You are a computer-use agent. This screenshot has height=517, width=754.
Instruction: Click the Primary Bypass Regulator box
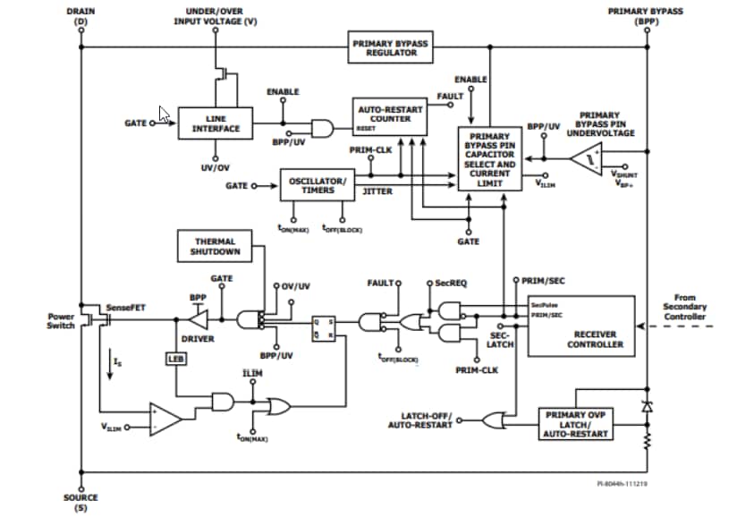coord(390,47)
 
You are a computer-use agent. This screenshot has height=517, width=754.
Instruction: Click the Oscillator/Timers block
coord(311,185)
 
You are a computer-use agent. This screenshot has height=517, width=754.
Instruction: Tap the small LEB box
coord(174,359)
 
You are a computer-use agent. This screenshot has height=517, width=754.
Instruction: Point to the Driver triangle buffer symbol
coord(199,318)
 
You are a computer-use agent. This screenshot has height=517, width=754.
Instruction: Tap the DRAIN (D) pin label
coord(81,16)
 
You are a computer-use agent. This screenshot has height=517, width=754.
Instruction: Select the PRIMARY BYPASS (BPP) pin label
coord(645,16)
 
